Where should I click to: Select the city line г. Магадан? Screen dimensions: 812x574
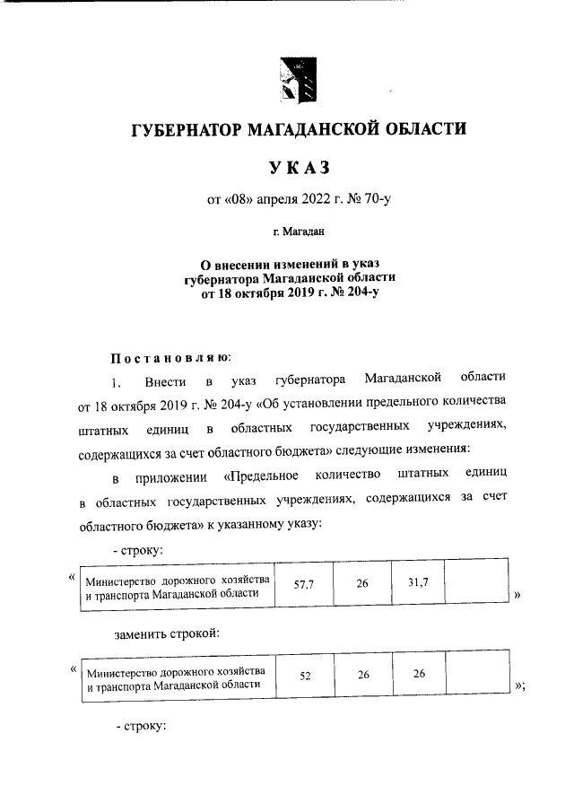(298, 232)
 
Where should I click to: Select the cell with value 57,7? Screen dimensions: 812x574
(302, 584)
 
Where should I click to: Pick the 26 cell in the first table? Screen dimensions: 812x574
(361, 584)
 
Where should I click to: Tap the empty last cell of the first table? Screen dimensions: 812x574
(477, 584)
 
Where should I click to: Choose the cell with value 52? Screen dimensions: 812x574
(304, 676)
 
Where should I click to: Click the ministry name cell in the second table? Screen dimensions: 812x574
(176, 677)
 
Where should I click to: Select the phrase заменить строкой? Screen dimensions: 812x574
(168, 634)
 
